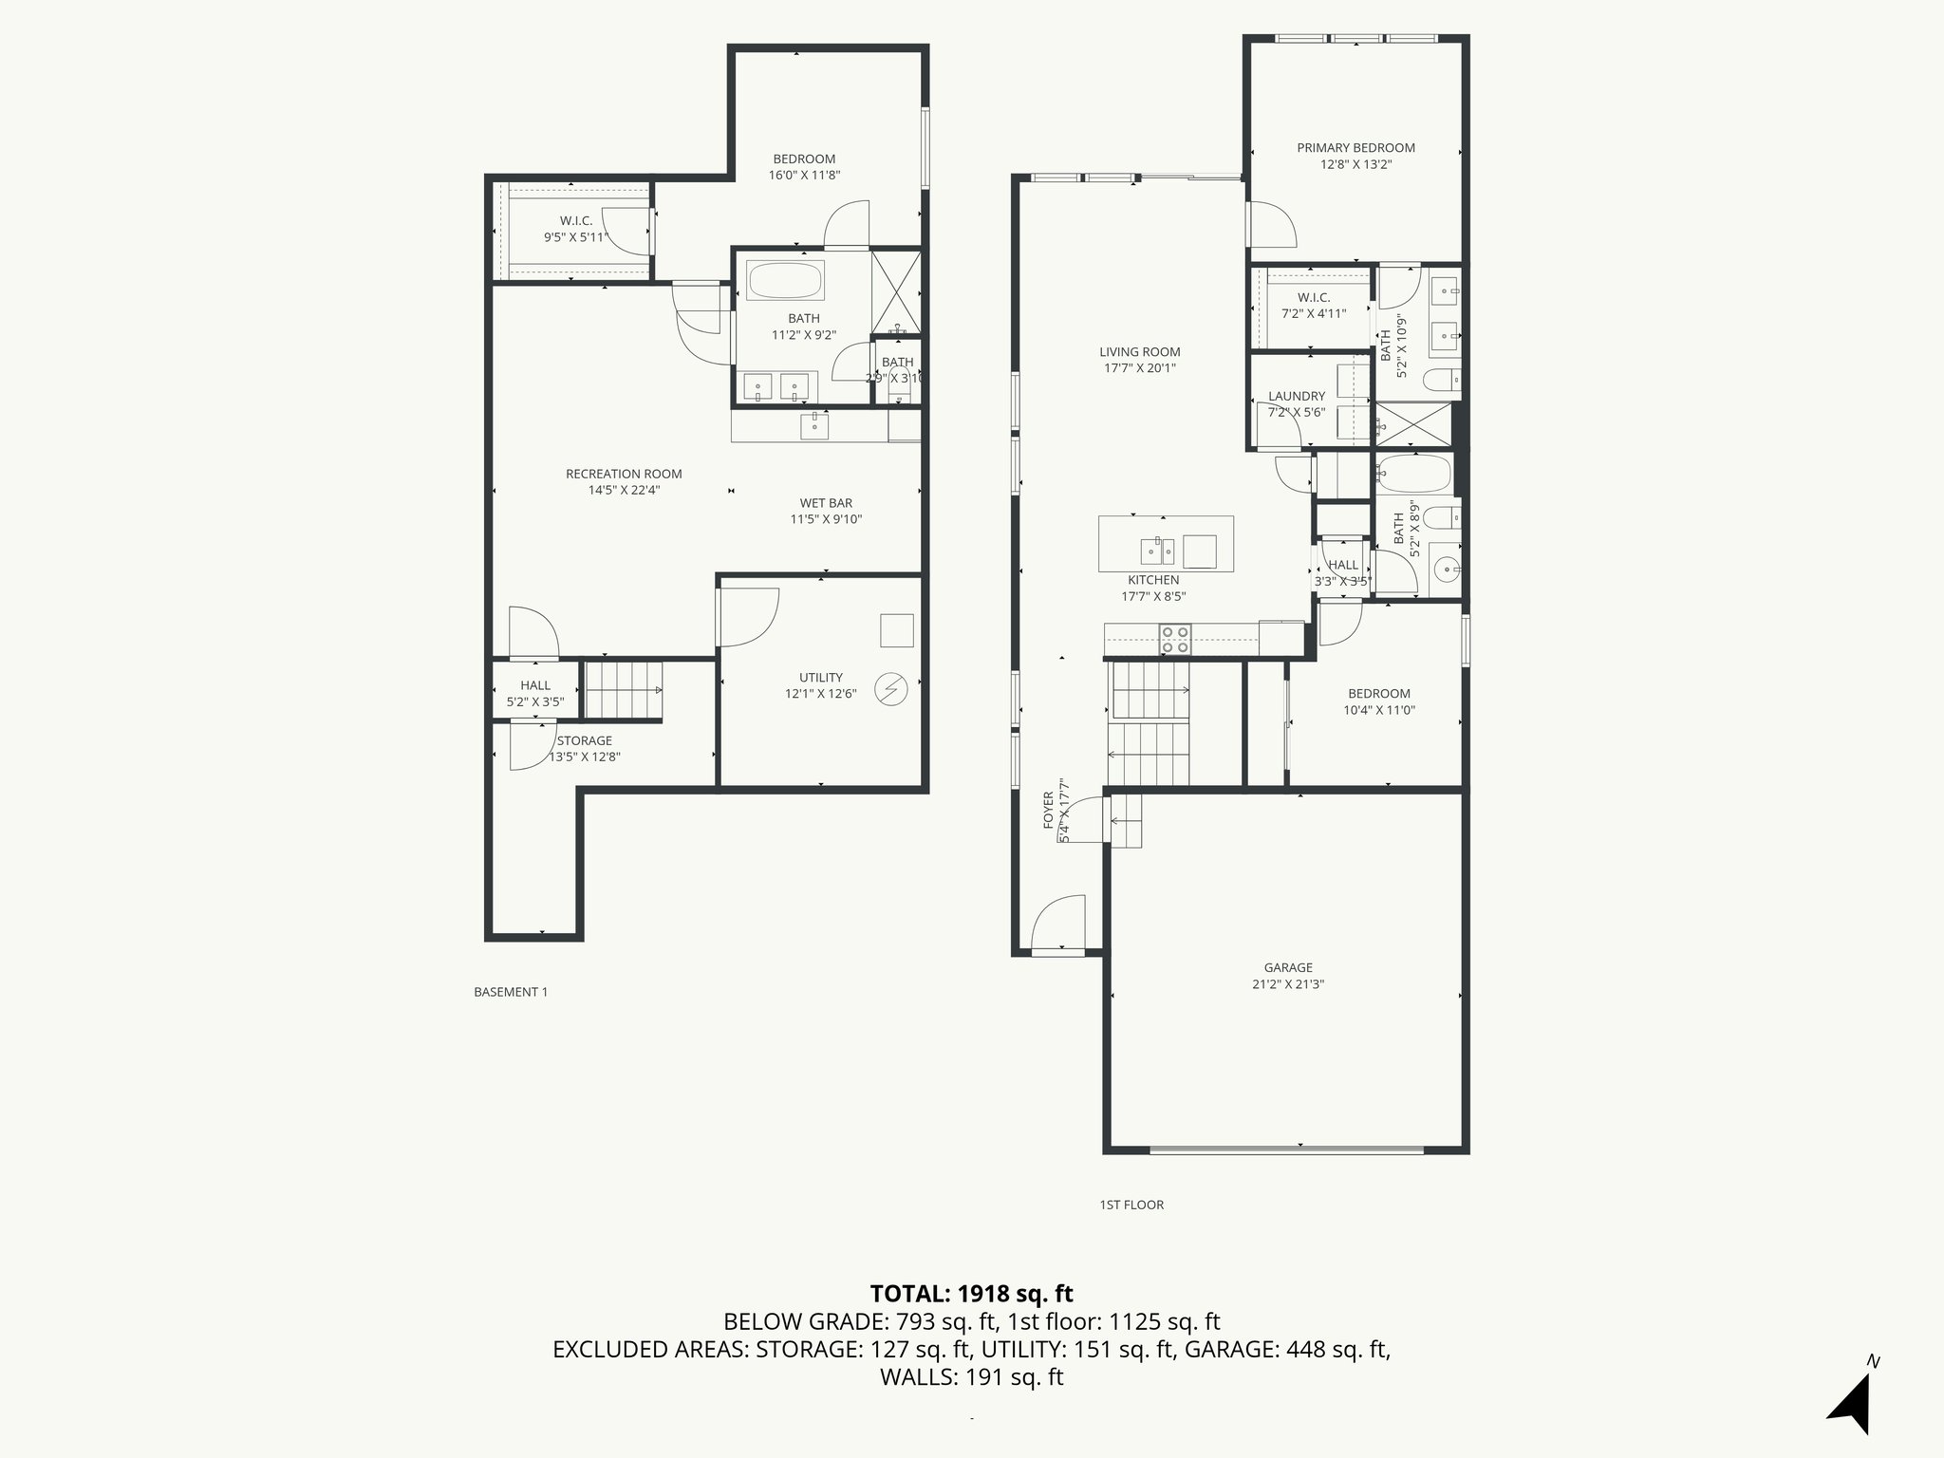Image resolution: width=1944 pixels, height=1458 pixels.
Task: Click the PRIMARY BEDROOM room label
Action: pyautogui.click(x=1355, y=148)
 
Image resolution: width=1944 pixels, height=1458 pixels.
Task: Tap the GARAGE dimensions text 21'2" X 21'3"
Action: pyautogui.click(x=1287, y=984)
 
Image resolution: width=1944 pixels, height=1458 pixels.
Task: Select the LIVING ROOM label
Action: pyautogui.click(x=1139, y=352)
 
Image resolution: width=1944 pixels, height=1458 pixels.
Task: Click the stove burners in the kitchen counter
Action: pyautogui.click(x=1174, y=639)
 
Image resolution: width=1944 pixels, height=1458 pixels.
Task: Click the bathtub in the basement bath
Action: pyautogui.click(x=785, y=281)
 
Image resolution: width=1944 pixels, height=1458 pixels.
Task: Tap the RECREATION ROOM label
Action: pyautogui.click(x=624, y=474)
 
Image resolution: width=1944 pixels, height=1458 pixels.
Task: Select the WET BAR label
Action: pyautogui.click(x=826, y=503)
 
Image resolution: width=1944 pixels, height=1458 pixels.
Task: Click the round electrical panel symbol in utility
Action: pyautogui.click(x=890, y=689)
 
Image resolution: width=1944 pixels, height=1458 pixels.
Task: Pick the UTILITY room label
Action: pyautogui.click(x=820, y=677)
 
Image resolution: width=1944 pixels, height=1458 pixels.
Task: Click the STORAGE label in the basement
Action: pyautogui.click(x=584, y=740)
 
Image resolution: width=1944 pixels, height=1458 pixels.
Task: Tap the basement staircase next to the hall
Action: pyautogui.click(x=622, y=690)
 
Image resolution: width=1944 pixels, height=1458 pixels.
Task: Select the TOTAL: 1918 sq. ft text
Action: pyautogui.click(x=971, y=1294)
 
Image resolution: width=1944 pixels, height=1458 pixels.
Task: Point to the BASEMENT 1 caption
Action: pyautogui.click(x=511, y=992)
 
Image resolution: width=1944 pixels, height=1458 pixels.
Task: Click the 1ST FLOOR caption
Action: pyautogui.click(x=1131, y=1205)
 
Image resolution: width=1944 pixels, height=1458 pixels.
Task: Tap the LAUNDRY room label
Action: pyautogui.click(x=1296, y=396)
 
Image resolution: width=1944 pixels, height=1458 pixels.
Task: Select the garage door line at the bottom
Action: pyautogui.click(x=1286, y=1150)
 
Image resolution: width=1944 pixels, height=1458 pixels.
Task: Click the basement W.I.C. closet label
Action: pyautogui.click(x=575, y=221)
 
